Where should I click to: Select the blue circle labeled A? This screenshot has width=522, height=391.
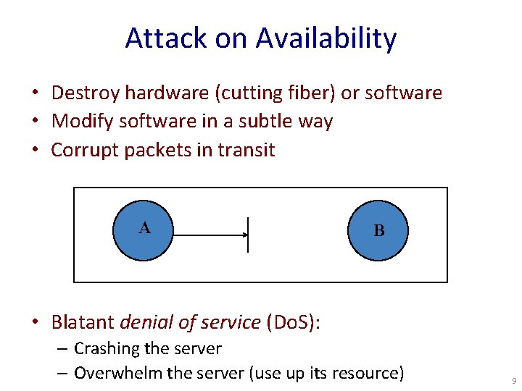(145, 229)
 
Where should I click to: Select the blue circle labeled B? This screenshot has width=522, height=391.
(378, 230)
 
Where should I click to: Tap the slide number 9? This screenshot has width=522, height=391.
(513, 380)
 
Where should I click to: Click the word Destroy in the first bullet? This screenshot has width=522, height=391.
(86, 93)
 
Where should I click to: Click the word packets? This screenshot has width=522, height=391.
(154, 150)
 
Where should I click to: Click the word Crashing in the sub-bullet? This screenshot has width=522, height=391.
(106, 348)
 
